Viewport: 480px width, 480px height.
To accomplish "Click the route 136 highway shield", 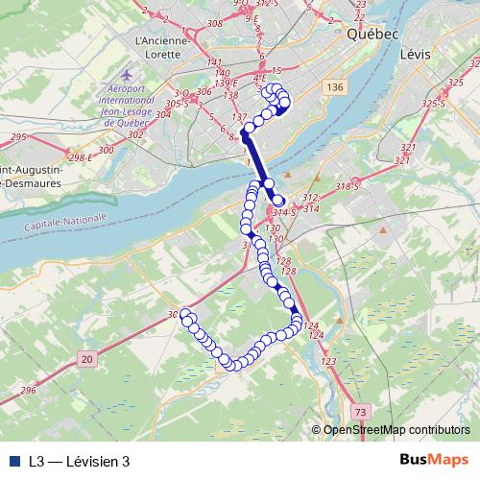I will click(334, 88).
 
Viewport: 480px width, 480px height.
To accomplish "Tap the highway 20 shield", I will click(86, 358).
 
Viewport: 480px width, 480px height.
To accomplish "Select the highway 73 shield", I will click(359, 411).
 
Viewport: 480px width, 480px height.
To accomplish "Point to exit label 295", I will click(18, 137).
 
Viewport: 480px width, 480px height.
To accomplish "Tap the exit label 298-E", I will click(80, 156).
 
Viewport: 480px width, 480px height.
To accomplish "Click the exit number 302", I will click(135, 135).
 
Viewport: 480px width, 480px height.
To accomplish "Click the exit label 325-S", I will click(436, 102).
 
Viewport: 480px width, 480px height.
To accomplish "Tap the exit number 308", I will click(214, 23).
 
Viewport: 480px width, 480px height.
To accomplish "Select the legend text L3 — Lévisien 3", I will click(79, 462).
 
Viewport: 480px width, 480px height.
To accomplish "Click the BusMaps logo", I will click(434, 460).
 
